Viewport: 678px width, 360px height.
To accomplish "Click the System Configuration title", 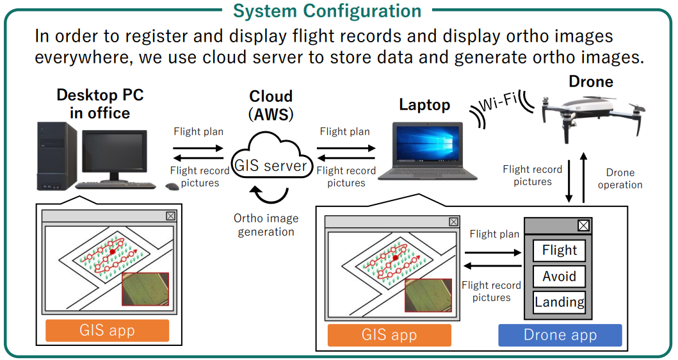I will point(327,11).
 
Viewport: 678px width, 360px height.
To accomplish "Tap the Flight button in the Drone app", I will point(559,250).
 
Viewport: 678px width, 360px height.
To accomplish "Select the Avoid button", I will point(559,277).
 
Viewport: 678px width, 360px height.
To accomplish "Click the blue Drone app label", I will point(560,335).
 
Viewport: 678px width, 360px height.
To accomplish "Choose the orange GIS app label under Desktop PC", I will point(107,331).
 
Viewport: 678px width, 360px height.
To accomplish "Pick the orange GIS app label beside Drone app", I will point(389,335).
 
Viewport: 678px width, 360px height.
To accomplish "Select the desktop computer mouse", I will point(172,186).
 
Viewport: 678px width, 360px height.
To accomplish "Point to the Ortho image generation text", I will point(266,225).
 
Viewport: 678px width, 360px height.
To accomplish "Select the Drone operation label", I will point(620,179).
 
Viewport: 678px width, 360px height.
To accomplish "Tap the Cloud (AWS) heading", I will point(271,105).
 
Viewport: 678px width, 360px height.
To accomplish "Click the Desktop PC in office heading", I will point(100,104).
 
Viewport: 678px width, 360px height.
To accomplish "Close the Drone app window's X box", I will point(584,225).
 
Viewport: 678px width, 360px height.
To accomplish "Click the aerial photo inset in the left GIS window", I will point(145,289).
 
